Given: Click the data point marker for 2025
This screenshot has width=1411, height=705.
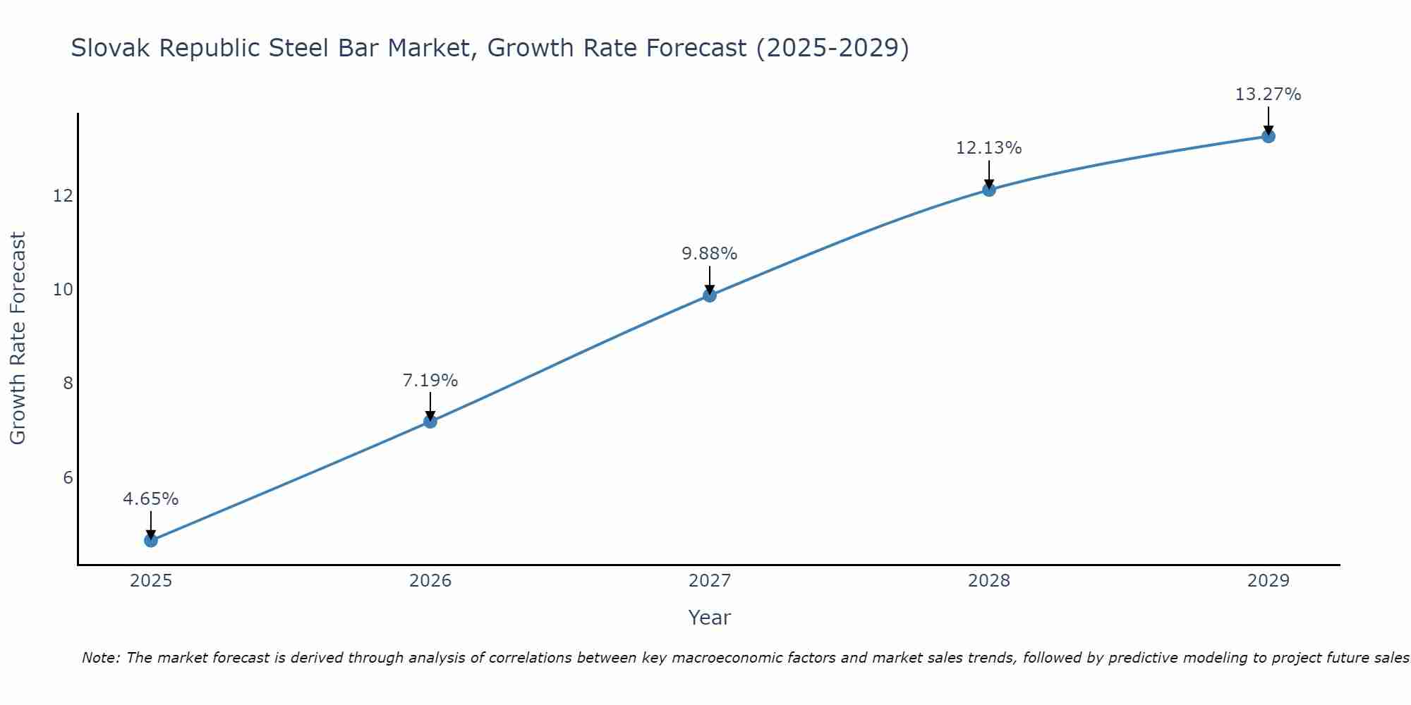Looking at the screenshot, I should pyautogui.click(x=151, y=541).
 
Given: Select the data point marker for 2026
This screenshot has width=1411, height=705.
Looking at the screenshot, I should pyautogui.click(x=430, y=422).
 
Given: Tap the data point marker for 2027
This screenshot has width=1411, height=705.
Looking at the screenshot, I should pyautogui.click(x=710, y=295).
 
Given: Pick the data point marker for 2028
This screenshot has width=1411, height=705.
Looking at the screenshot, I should pyautogui.click(x=989, y=190).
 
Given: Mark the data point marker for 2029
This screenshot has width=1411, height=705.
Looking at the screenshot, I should pyautogui.click(x=1268, y=136).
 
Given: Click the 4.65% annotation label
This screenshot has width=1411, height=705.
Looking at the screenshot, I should pyautogui.click(x=151, y=499).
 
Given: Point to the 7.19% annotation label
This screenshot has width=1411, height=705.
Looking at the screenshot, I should pyautogui.click(x=430, y=381).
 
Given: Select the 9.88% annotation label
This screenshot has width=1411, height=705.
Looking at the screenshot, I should pyautogui.click(x=710, y=254).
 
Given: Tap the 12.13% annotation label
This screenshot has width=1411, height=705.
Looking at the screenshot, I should pyautogui.click(x=989, y=148).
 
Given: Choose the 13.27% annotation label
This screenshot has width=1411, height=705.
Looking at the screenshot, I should pyautogui.click(x=1268, y=94).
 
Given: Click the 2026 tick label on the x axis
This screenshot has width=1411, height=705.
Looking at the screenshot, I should pyautogui.click(x=430, y=581).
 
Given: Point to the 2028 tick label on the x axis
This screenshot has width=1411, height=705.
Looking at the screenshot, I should pyautogui.click(x=989, y=581).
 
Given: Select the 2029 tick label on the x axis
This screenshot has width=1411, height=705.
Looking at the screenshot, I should pyautogui.click(x=1268, y=581).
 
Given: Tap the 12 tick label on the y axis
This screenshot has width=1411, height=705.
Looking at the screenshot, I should pyautogui.click(x=63, y=195).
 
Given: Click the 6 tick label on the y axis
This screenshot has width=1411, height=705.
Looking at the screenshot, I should pyautogui.click(x=68, y=478).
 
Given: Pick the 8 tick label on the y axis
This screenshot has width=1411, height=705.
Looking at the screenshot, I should pyautogui.click(x=68, y=384).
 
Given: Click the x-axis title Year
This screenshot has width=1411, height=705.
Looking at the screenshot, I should pyautogui.click(x=710, y=618).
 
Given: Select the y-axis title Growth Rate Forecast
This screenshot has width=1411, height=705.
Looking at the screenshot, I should pyautogui.click(x=18, y=338).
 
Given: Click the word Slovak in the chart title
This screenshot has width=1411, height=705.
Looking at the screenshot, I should pyautogui.click(x=111, y=49).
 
